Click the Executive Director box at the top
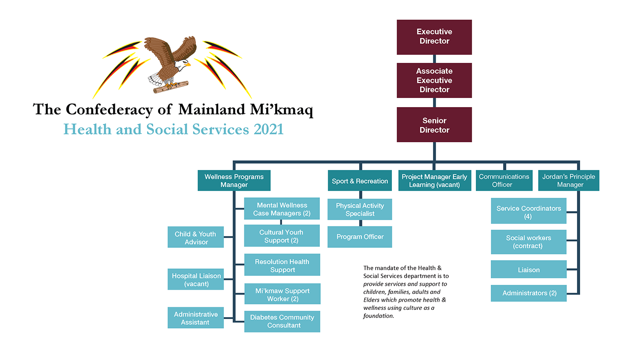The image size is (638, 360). point(434,36)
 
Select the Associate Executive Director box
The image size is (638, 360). point(434,80)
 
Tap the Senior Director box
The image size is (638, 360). point(434,125)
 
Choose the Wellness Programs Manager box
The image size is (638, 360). point(234,180)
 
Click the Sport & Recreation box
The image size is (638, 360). point(360,181)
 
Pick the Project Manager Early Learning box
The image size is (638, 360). point(434,180)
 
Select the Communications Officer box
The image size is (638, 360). point(504,180)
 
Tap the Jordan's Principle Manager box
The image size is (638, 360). point(568,180)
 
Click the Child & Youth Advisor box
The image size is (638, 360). point(196,238)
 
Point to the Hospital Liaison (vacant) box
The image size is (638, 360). point(196,279)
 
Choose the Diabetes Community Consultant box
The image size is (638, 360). point(282,321)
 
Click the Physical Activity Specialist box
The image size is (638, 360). point(360,209)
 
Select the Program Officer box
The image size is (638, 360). point(360,237)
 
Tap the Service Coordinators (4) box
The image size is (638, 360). point(528,212)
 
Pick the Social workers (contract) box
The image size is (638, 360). point(528,242)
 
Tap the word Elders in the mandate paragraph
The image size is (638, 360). point(371,300)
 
